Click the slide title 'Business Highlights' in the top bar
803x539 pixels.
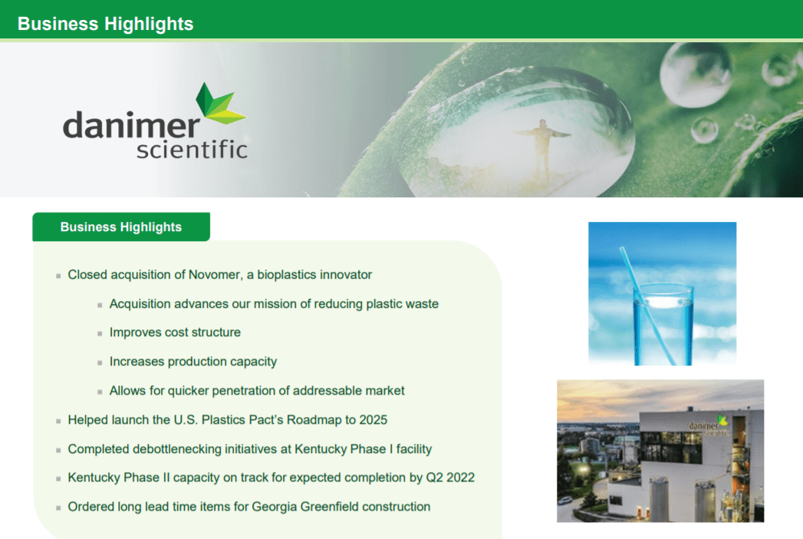click(x=105, y=24)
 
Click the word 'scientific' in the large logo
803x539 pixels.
click(x=192, y=147)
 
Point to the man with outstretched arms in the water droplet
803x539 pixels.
click(x=543, y=145)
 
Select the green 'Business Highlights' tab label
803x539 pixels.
click(x=120, y=227)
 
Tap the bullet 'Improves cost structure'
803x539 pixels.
click(x=175, y=332)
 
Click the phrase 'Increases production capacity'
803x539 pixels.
click(x=193, y=362)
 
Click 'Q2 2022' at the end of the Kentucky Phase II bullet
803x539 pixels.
click(x=450, y=478)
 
